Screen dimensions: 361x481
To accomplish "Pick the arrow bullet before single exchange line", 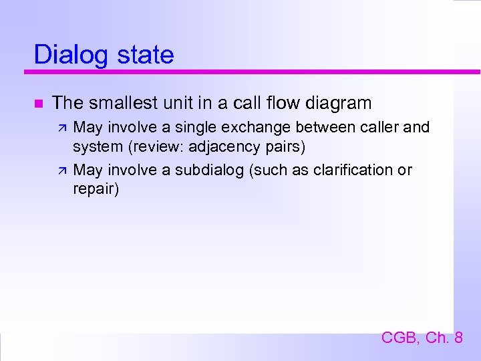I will point(61,128).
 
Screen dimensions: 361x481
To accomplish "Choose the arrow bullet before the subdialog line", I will point(61,170).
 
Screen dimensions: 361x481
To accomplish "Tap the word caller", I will point(380,127).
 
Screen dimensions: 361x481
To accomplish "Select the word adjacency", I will point(224,146).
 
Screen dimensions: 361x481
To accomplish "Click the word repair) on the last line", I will point(96,189).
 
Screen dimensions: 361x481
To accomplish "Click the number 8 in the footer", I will point(458,338).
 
